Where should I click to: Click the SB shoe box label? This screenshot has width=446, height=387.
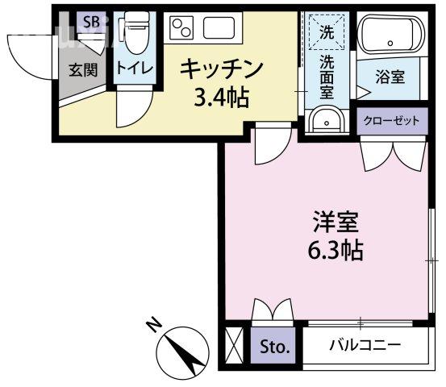91,22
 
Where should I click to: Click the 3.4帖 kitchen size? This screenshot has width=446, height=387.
219,98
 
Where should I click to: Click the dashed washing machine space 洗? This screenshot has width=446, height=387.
326,35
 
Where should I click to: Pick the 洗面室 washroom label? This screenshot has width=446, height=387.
326,76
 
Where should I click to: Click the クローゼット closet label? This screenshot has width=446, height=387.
391,121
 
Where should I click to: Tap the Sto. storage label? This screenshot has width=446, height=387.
273,347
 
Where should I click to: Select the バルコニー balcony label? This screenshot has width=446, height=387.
365,346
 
